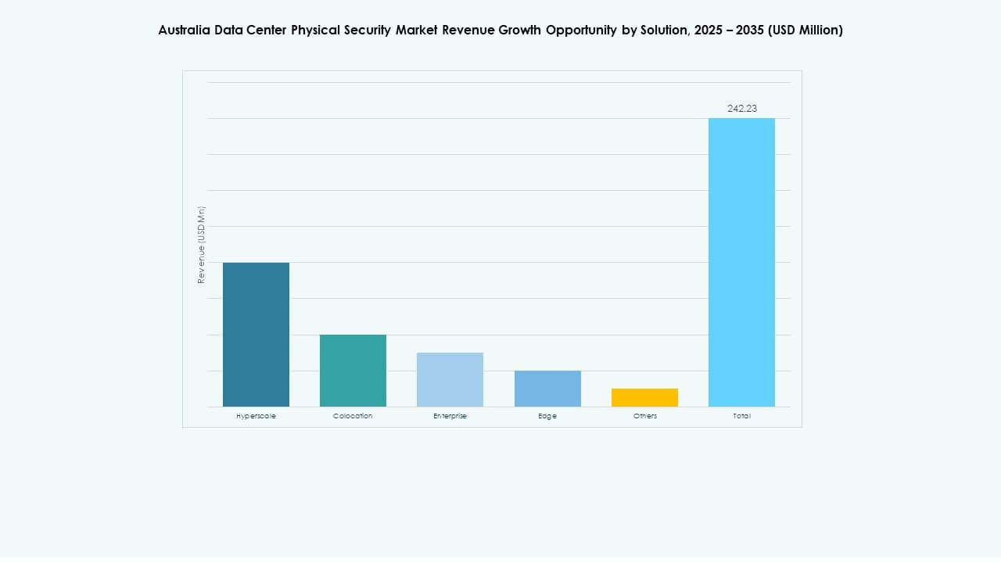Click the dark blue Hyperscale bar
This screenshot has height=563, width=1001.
[x=256, y=335]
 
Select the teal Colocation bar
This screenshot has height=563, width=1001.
[x=353, y=371]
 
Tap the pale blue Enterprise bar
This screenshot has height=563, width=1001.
[x=450, y=379]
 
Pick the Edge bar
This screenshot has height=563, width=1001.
[x=547, y=389]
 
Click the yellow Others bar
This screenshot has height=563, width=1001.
[x=644, y=397]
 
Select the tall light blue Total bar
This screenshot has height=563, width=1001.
[x=741, y=262]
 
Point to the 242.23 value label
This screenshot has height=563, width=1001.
[x=741, y=109]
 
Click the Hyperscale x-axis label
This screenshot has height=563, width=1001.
[x=256, y=416]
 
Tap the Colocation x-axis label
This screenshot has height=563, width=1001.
[x=353, y=416]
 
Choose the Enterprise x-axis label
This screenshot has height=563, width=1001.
[x=450, y=416]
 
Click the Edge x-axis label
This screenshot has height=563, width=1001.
[x=547, y=416]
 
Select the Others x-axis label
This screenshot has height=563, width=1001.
[x=644, y=416]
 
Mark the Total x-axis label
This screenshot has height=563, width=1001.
[x=741, y=416]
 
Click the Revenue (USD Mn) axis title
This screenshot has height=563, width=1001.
[x=201, y=245]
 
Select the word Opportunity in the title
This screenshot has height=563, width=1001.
[x=581, y=30]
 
